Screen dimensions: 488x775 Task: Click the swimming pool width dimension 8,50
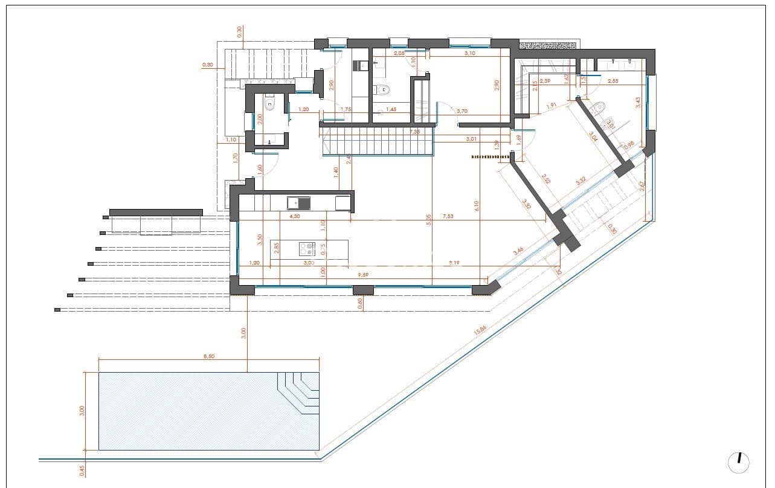click(208, 356)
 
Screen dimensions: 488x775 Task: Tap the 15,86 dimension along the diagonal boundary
click(481, 331)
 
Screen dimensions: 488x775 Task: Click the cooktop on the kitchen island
click(307, 247)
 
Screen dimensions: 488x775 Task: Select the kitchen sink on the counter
click(298, 203)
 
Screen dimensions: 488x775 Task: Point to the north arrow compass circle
click(739, 462)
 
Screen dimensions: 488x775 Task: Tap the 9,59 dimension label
click(363, 275)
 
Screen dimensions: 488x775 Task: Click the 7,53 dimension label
click(448, 216)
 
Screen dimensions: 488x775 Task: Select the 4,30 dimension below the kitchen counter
click(294, 216)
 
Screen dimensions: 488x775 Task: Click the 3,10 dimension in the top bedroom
click(470, 54)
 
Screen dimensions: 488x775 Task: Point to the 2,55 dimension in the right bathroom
click(613, 81)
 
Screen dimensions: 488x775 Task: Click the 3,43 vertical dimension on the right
click(638, 103)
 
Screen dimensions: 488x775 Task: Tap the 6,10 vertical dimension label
click(477, 205)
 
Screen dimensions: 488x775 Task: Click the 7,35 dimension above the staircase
click(414, 131)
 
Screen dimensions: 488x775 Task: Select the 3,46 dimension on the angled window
click(518, 251)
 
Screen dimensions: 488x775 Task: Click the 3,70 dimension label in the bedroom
click(463, 111)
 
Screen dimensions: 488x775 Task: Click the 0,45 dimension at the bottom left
click(82, 469)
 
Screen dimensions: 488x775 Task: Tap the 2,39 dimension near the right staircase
click(545, 81)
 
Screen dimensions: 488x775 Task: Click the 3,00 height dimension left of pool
click(82, 411)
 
